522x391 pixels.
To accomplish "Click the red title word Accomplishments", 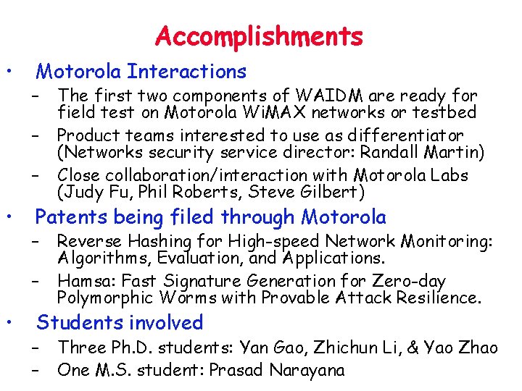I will (x=259, y=36).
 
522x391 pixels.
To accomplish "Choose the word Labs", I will (x=448, y=175).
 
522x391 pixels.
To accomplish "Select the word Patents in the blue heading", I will (x=67, y=216).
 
